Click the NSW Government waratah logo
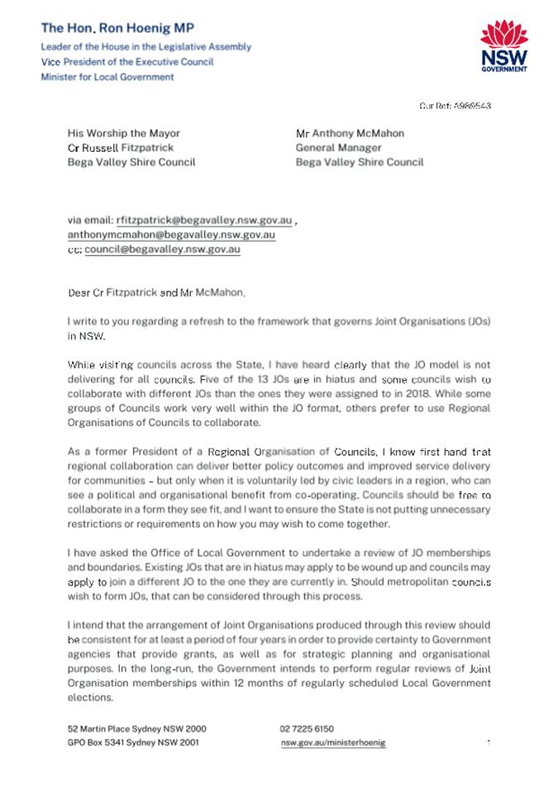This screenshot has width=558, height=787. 503,46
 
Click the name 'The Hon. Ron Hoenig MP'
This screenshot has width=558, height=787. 117,28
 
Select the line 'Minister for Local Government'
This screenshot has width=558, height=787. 107,77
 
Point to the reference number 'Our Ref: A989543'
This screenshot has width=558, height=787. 455,106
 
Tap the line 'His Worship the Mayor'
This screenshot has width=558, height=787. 123,133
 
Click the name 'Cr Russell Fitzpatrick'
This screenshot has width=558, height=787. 121,148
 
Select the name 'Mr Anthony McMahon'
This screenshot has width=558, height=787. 350,133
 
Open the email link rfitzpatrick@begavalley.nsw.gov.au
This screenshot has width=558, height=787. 204,220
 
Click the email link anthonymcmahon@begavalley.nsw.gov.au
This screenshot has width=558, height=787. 171,235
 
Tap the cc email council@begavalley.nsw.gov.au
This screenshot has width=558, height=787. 163,249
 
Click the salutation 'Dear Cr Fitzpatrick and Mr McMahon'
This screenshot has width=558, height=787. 156,292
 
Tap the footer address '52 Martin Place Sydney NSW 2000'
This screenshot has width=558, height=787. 136,729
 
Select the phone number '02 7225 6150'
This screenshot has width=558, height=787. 307,729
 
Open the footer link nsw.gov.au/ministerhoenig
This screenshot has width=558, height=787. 333,742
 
